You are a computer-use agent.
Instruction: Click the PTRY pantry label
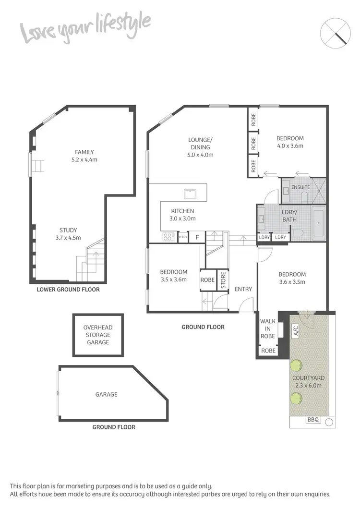point(183,237)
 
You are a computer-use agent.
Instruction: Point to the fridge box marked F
point(196,237)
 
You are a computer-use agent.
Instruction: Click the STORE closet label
point(223,281)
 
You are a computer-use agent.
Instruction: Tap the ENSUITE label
point(301,187)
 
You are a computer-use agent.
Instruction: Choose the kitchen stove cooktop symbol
point(169,236)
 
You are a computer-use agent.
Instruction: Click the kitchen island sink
point(190,194)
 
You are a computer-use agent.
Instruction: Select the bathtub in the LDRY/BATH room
point(319,224)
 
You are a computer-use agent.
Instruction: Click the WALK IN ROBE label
point(267,328)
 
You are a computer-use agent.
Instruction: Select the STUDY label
point(68,230)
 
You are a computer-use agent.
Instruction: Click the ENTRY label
point(243,289)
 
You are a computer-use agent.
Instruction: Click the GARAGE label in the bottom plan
point(106,394)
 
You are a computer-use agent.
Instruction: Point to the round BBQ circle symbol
point(328,422)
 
